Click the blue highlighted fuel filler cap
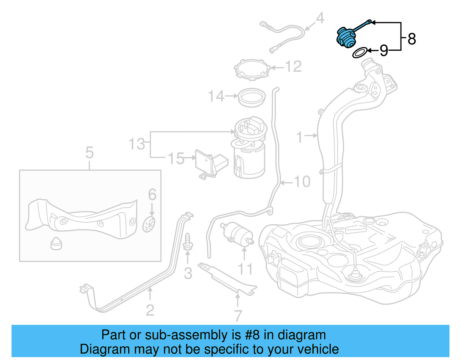(x=347, y=37)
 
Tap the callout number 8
(x=412, y=39)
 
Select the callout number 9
(x=384, y=51)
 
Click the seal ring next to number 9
(x=360, y=53)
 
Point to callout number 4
(x=320, y=18)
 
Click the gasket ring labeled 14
(x=252, y=97)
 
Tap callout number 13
(x=137, y=144)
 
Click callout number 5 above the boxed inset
(x=89, y=152)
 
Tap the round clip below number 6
(x=149, y=225)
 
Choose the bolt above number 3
(x=188, y=242)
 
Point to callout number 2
(x=150, y=310)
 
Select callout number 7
(x=238, y=316)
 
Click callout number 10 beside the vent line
(x=302, y=182)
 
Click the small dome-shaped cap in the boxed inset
(x=56, y=244)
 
